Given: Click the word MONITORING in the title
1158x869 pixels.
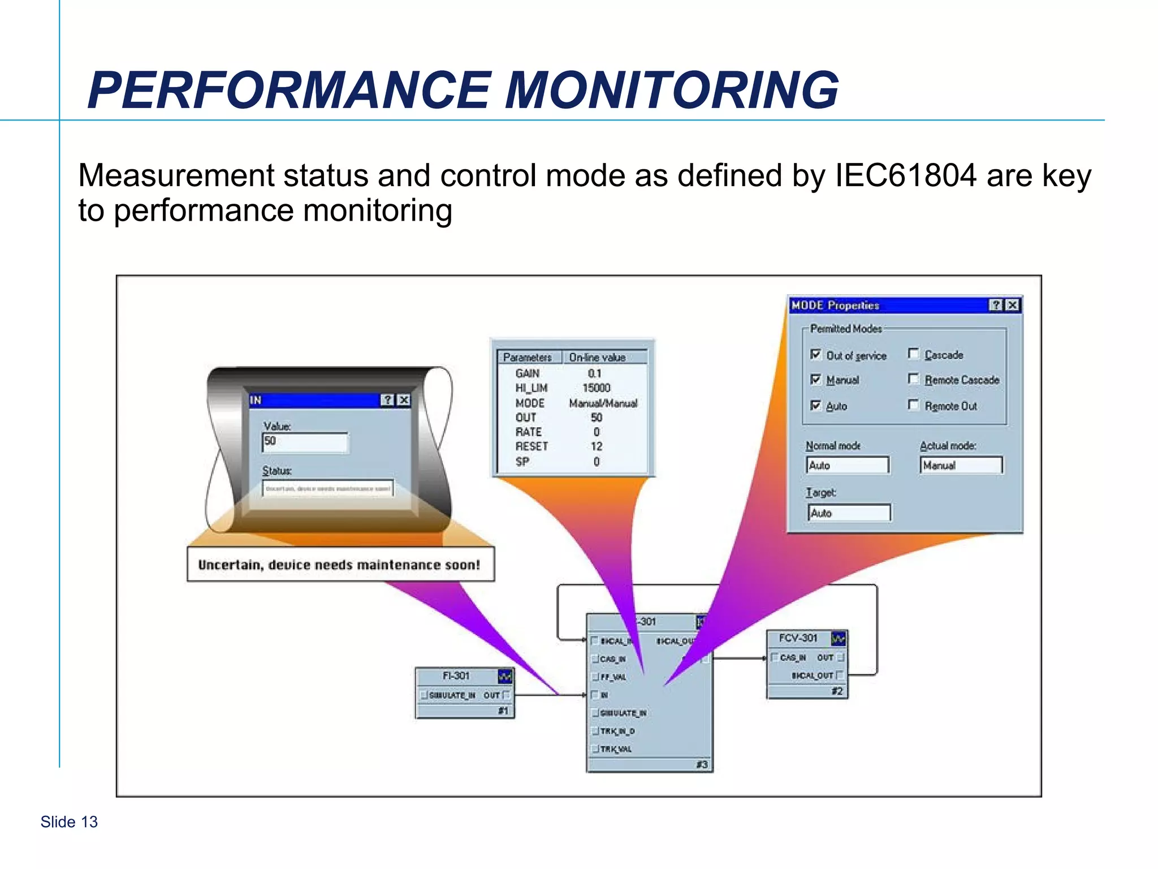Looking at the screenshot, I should pos(671,91).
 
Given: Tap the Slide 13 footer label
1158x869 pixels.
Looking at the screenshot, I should pos(69,821).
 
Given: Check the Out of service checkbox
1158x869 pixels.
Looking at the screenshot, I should pos(815,354).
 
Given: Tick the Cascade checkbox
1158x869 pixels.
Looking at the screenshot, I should pos(913,354).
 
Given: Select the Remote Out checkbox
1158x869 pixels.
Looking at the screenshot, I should pos(913,405).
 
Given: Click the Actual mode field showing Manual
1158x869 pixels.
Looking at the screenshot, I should pos(961,465).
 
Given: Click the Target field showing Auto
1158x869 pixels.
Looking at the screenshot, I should pos(849,513).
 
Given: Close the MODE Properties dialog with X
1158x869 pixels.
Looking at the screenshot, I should pos(1012,305).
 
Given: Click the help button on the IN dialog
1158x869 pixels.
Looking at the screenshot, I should pos(387,400).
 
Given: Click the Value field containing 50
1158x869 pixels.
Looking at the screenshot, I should pos(305,442).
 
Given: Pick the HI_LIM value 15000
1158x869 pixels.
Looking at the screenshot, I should pos(596,388).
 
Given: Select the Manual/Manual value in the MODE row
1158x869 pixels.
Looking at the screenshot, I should pos(603,403).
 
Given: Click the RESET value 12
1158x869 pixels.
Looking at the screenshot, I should pos(596,446).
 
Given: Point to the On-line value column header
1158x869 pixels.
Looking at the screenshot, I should pos(597,358).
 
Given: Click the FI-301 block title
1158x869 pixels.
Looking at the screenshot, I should pos(456,676).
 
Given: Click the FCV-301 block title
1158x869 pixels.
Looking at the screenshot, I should pos(798,638).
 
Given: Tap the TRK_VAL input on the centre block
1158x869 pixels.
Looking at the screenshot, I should pos(616,749).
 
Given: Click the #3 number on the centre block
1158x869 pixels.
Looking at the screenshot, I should pos(701,765).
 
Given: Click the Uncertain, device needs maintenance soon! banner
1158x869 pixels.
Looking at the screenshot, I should pos(339,565).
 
